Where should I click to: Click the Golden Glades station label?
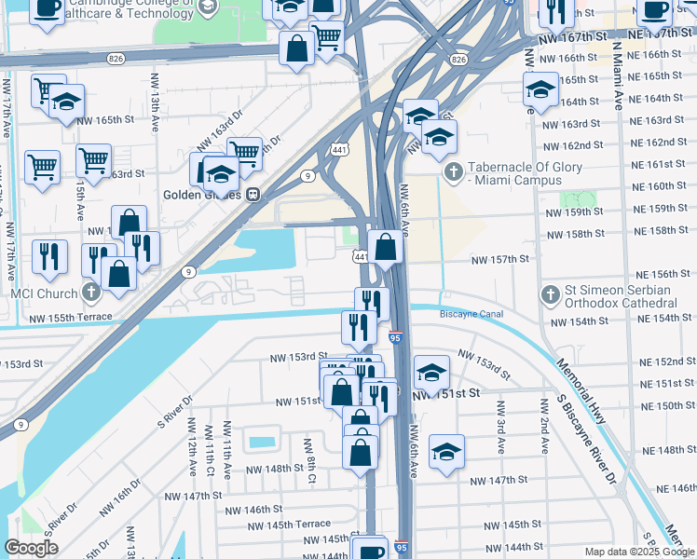[x=202, y=196]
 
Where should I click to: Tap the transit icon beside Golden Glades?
[x=253, y=196]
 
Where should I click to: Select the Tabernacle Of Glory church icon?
[x=454, y=172]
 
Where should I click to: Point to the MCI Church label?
[x=40, y=293]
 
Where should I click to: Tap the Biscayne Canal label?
[x=471, y=314]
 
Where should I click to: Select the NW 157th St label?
[x=499, y=260]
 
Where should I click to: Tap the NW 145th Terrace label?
[x=289, y=525]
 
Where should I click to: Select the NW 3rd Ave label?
[x=501, y=426]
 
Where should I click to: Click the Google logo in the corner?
[x=31, y=547]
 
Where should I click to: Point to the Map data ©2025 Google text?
[x=639, y=552]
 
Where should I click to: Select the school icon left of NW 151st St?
[x=430, y=372]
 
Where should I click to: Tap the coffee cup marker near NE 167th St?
[x=655, y=10]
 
